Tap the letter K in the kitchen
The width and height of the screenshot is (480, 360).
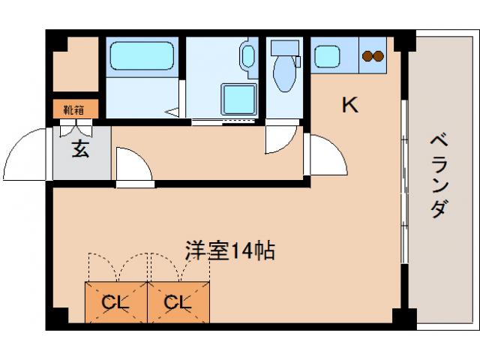pos(349,104)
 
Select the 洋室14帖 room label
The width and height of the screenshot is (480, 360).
pos(230,250)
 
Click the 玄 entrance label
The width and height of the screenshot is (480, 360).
pos(80,149)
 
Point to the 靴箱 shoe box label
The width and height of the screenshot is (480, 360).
pos(73,109)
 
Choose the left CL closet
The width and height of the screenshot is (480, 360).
pos(115,302)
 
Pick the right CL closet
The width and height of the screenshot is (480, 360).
pos(178,302)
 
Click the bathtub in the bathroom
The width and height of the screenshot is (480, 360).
pos(142,57)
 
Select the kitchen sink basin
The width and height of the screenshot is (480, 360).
pos(328,57)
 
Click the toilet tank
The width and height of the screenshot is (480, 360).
pos(285,48)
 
